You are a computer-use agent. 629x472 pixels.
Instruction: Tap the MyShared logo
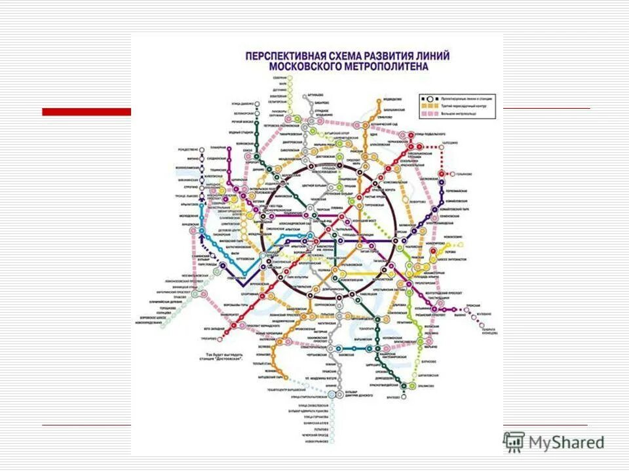pyautogui.click(x=554, y=441)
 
